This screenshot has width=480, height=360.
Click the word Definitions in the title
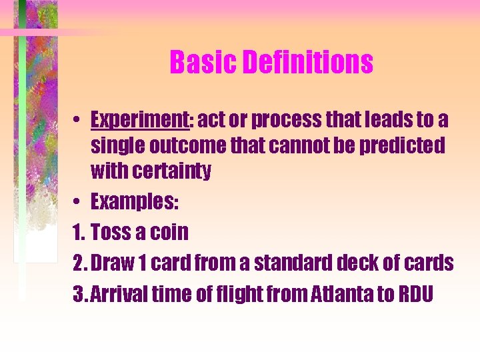pos(307,63)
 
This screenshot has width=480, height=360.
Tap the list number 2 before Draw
pos(79,263)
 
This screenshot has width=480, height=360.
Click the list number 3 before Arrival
pos(78,294)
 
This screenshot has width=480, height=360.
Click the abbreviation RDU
pos(417,294)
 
